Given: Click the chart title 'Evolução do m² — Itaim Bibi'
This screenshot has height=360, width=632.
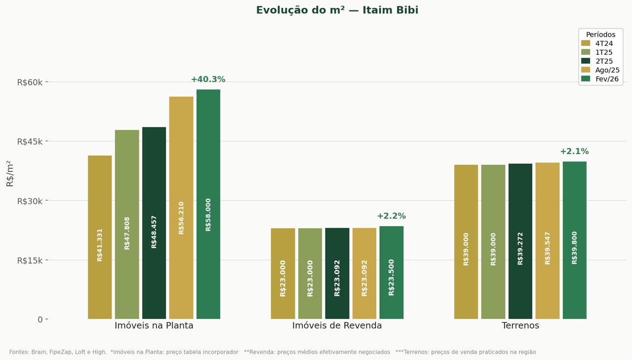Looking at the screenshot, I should (x=337, y=10).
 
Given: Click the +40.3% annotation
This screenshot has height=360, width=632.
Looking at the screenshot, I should (x=208, y=80).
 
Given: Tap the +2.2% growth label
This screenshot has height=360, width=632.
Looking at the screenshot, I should (x=391, y=216).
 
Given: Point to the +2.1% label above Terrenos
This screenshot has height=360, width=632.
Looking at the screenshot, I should (x=574, y=152).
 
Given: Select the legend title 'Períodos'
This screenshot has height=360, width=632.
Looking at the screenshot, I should (x=600, y=35).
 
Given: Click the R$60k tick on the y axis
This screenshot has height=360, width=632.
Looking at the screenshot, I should (x=30, y=82).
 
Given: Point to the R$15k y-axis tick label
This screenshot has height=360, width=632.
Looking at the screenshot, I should (x=30, y=260).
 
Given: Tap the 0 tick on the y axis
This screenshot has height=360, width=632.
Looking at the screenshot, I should (x=40, y=320).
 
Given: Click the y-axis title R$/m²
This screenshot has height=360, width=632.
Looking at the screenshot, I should (x=10, y=173).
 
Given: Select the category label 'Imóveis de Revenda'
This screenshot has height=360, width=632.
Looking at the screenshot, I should (x=337, y=326).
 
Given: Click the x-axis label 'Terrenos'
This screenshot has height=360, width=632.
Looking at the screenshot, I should (x=520, y=326).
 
